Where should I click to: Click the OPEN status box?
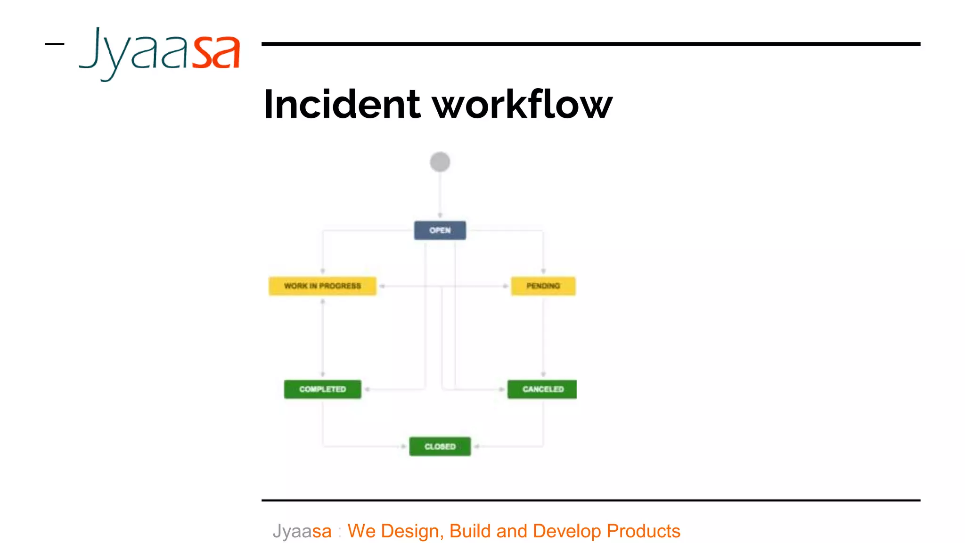click(440, 230)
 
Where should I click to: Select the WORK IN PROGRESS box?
click(322, 286)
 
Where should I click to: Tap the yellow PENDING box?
click(543, 286)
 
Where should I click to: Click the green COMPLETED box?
click(322, 389)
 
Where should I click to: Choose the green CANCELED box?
click(542, 389)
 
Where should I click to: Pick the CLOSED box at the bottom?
click(440, 446)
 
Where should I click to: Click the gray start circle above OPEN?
click(440, 162)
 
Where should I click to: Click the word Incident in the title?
click(342, 105)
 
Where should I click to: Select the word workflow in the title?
click(522, 105)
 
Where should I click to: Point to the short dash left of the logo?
click(54, 44)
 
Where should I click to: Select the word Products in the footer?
click(643, 531)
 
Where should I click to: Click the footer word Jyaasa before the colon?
click(302, 531)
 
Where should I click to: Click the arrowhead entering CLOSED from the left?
click(403, 446)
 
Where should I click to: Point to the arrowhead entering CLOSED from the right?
click(477, 446)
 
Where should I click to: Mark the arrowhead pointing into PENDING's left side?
click(505, 286)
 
